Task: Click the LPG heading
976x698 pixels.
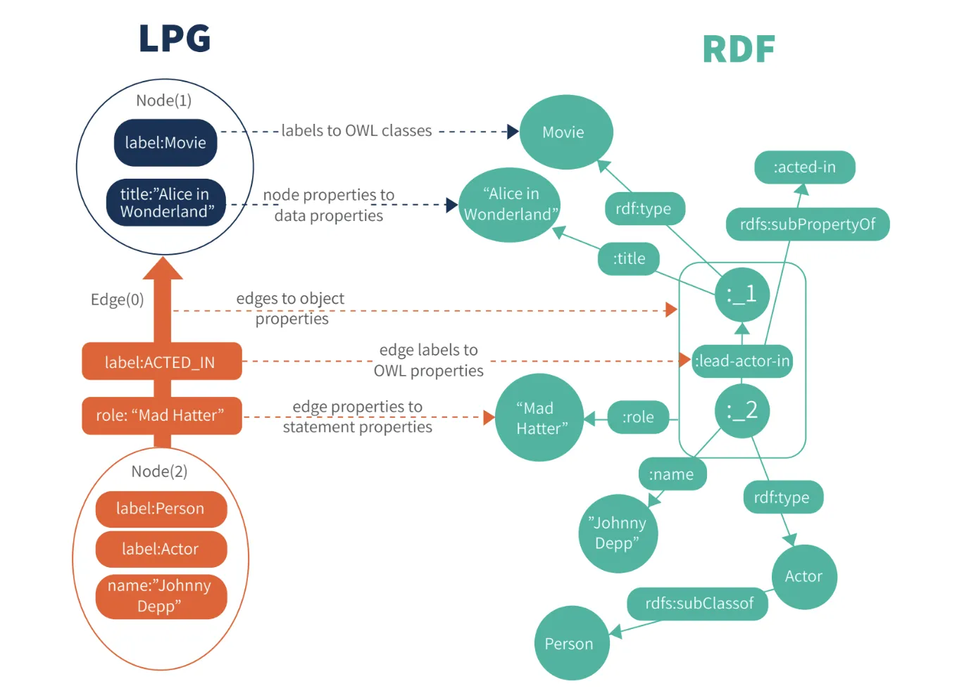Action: click(175, 39)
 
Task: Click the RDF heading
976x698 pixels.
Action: click(739, 50)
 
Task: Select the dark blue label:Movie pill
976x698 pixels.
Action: click(165, 143)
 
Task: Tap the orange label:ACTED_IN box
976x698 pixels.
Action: click(161, 362)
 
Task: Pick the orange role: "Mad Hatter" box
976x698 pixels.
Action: click(161, 415)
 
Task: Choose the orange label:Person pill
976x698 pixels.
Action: click(161, 509)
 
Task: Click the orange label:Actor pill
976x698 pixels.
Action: click(161, 549)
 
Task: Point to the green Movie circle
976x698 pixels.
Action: click(565, 132)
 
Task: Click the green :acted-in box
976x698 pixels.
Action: click(804, 167)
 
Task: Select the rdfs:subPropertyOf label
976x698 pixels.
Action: click(808, 224)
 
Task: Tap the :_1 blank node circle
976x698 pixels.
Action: click(742, 294)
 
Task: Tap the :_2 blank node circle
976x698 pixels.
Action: click(742, 410)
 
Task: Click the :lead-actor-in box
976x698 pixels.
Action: click(742, 361)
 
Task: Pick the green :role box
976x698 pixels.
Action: click(638, 417)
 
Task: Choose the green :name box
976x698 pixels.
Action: click(672, 474)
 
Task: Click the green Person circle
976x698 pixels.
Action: click(570, 643)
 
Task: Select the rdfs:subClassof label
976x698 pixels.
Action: click(699, 604)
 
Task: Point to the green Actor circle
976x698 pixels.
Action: click(803, 576)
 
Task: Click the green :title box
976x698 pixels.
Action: click(629, 259)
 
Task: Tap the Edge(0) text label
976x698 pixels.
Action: click(117, 300)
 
